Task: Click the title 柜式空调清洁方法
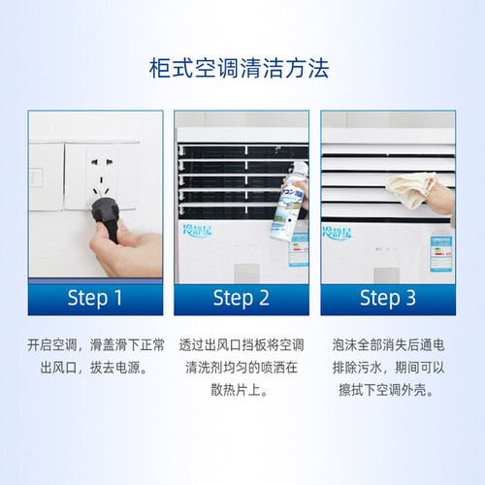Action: coord(239,68)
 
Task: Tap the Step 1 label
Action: coord(95,298)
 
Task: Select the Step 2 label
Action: coord(242,298)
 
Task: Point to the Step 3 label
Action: coord(388,298)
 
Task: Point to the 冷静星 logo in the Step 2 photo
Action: coord(198,231)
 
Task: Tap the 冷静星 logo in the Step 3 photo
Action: coord(337,233)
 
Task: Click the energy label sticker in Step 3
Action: coord(441,254)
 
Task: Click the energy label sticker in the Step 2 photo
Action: coord(299,249)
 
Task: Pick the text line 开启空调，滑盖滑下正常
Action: coord(96,345)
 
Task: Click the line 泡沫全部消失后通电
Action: coord(388,345)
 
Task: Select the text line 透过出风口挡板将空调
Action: coord(242,345)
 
